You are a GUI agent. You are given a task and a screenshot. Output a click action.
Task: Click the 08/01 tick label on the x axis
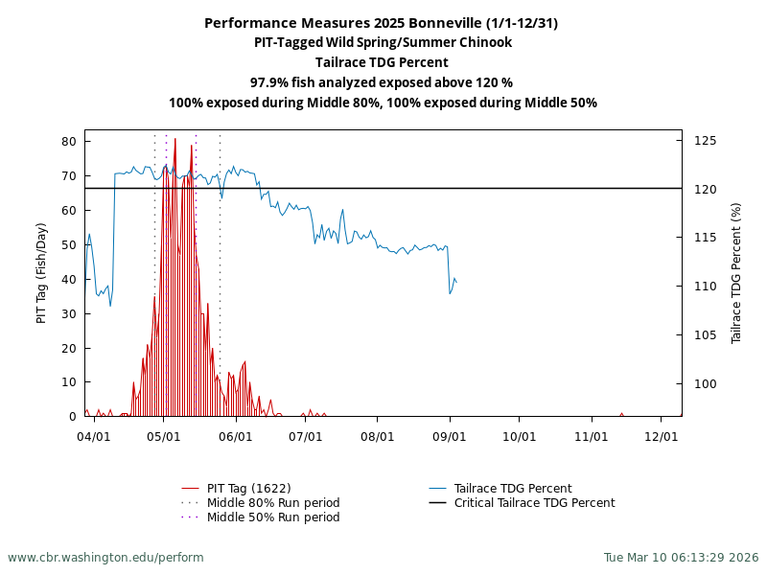coord(377,436)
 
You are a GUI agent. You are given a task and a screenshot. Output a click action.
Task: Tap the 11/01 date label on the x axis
coord(592,436)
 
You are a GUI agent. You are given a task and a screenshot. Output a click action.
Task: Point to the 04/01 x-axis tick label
coord(94,436)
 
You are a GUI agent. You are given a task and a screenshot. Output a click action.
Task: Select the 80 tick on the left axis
coord(69,142)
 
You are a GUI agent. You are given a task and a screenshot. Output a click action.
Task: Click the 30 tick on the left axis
coord(69,313)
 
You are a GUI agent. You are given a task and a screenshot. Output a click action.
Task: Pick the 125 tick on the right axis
coord(706,141)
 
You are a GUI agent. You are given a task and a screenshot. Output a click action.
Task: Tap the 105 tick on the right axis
coord(706,335)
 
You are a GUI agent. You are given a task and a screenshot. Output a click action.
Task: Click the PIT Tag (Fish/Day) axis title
coord(41,273)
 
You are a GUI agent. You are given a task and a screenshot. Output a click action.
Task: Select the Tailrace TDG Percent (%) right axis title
coord(736,273)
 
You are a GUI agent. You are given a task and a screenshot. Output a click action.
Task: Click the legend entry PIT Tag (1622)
coord(248,489)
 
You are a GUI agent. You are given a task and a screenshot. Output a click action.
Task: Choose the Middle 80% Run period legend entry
coord(273,503)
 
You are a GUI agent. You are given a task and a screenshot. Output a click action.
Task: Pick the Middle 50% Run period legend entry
coord(273,517)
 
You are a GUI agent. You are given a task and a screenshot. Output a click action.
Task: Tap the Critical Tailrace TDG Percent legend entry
coord(534,503)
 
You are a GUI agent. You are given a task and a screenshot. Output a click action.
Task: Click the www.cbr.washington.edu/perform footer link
coord(105,557)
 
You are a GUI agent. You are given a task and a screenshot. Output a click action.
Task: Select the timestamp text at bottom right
coord(681,557)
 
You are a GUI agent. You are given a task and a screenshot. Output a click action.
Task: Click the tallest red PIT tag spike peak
coord(174,139)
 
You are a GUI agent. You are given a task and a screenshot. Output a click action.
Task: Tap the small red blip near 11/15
coord(621,414)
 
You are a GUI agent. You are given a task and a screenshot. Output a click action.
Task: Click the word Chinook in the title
coord(485,42)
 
